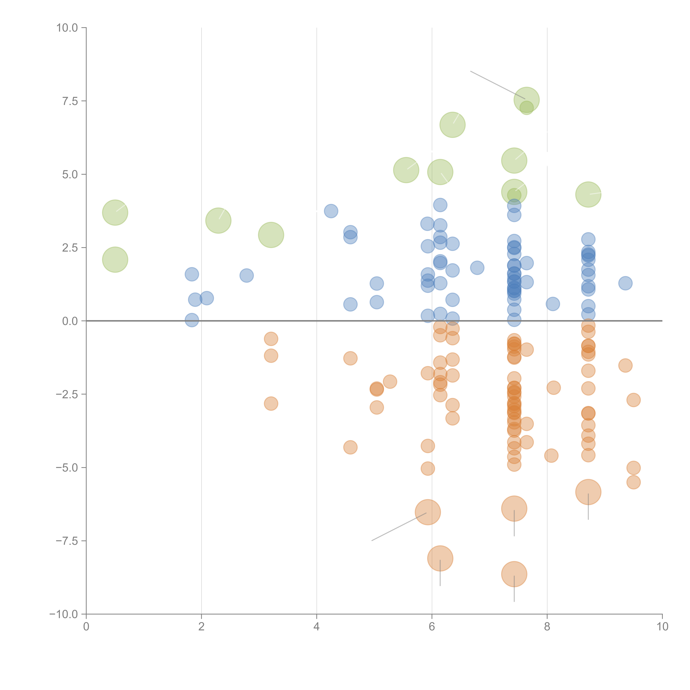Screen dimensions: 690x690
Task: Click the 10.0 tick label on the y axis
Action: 67,28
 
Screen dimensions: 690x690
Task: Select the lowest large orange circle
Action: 514,574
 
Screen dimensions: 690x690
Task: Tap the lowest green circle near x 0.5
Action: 115,260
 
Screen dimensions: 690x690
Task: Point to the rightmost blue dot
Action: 625,283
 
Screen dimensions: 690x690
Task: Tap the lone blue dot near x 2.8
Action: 246,275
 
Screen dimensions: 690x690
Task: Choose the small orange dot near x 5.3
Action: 390,381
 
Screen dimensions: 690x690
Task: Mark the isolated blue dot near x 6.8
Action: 477,267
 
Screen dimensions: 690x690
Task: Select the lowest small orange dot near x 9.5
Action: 633,482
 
